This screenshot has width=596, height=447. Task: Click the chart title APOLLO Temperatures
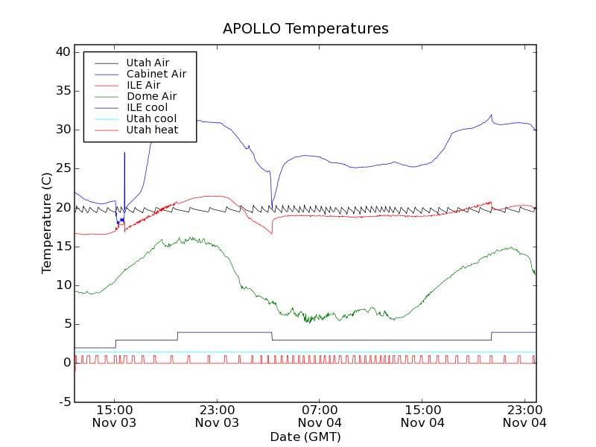tap(305, 29)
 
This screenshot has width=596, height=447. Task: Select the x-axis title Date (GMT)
tap(305, 437)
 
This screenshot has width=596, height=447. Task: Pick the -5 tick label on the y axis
tap(64, 402)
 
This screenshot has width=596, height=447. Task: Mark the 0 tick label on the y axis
tap(66, 363)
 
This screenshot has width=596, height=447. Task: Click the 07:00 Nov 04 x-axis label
tap(320, 416)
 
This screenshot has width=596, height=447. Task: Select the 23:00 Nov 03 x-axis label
tap(217, 416)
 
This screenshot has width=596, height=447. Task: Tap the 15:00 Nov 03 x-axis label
tap(114, 416)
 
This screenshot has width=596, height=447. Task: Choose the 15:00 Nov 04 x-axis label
tap(422, 416)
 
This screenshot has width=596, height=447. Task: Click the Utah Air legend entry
tap(148, 63)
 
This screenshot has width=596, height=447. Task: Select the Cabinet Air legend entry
tap(156, 74)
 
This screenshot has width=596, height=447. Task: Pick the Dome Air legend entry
tap(151, 96)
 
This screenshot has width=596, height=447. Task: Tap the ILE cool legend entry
tap(147, 107)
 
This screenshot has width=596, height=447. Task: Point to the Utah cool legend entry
tap(151, 118)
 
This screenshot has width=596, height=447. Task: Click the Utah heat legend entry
tap(151, 130)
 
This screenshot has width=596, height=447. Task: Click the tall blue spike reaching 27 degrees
tap(124, 153)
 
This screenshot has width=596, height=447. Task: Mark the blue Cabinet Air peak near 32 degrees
tap(491, 115)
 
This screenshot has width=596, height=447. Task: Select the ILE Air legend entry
tap(143, 85)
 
